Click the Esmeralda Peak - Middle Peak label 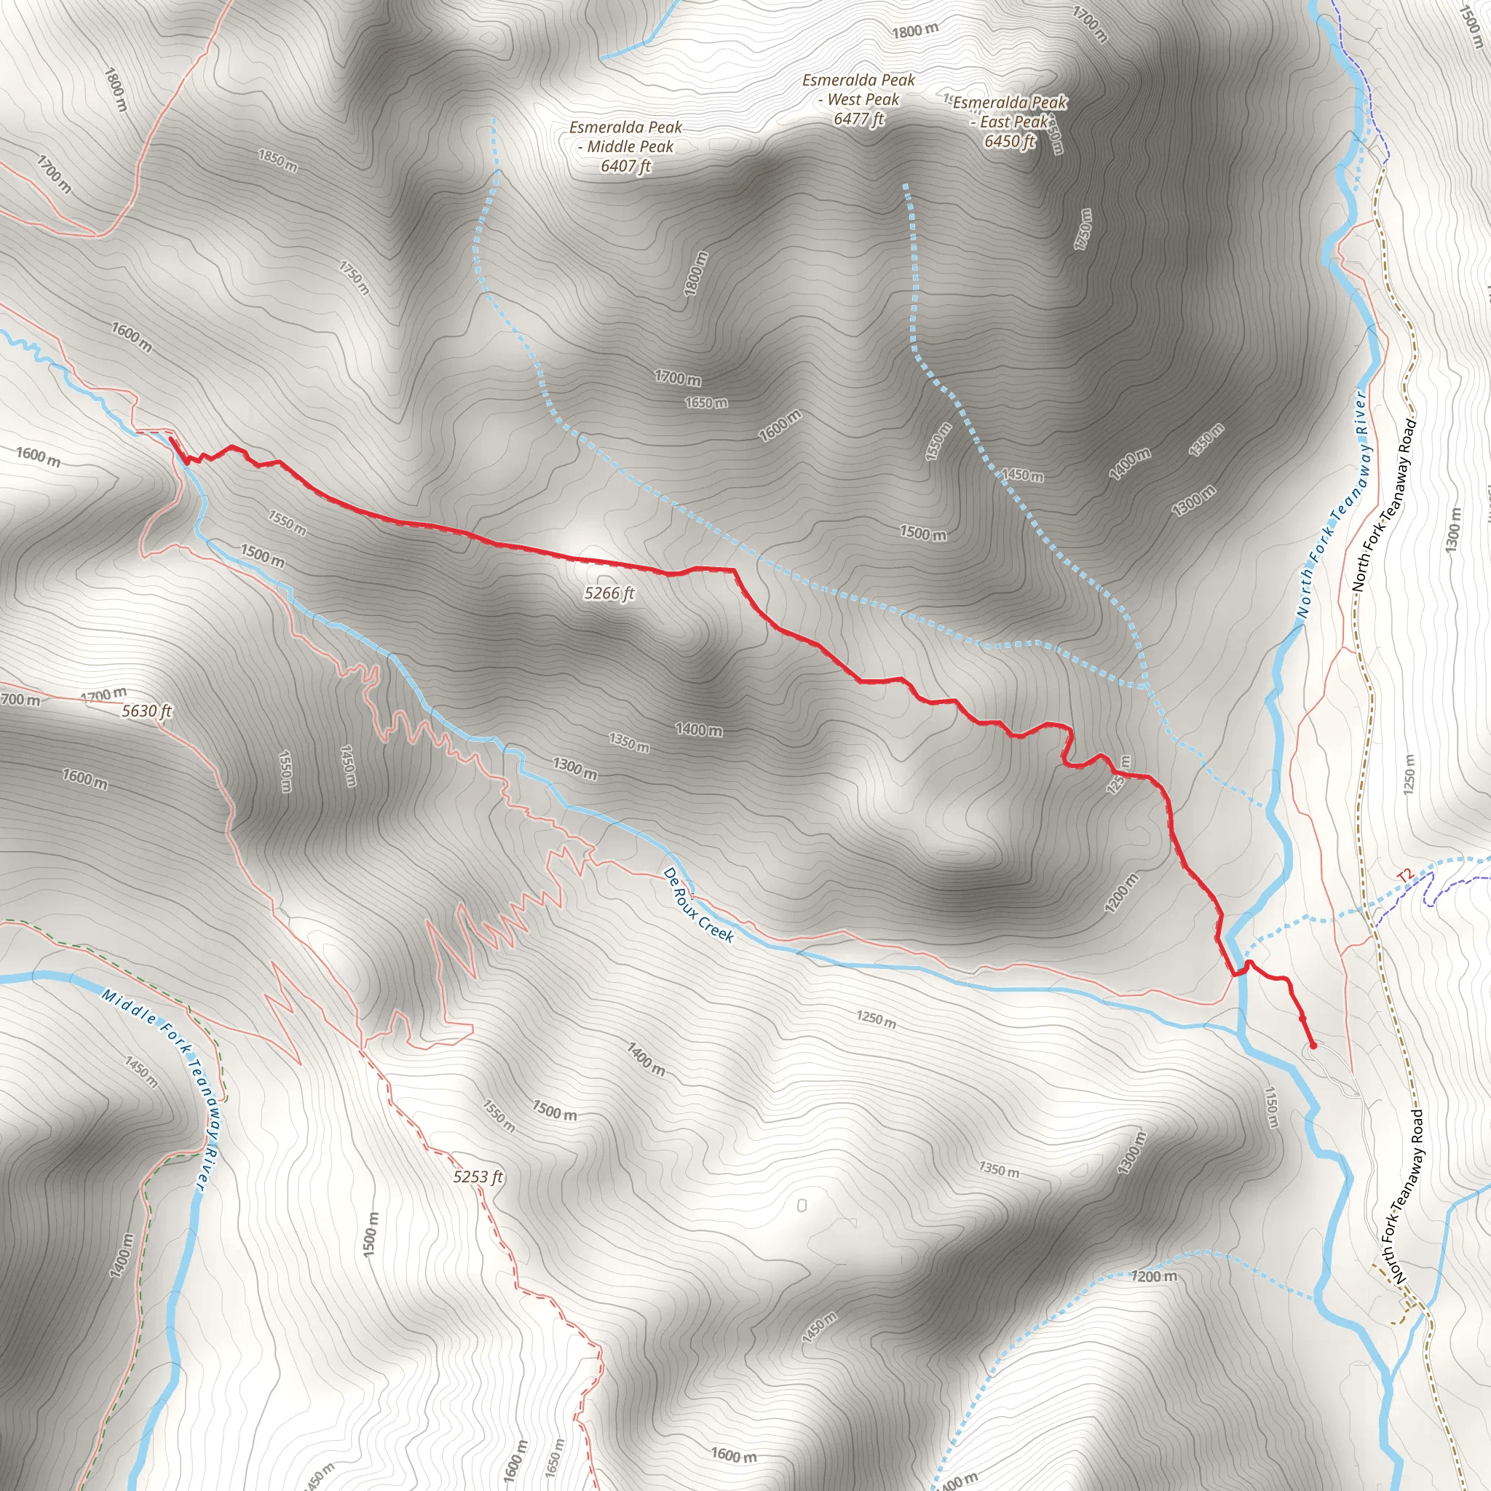point(625,146)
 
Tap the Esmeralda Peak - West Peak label point(858,100)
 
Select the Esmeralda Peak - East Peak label point(1010,122)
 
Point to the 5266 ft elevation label point(609,593)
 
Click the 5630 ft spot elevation point(146,711)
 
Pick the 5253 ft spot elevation point(478,1176)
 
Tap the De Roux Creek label point(697,904)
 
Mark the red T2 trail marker point(1405,876)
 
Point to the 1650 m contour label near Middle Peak point(705,403)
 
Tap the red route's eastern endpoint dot point(1313,1045)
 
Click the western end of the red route point(170,439)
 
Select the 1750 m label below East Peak point(1083,229)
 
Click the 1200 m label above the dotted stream point(1155,1276)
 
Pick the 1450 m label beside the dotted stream point(1024,475)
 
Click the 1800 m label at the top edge point(915,31)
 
